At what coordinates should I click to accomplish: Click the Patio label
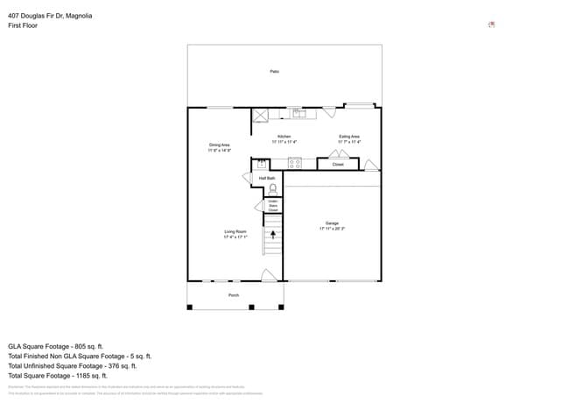click(274, 71)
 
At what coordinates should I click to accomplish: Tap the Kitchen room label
click(284, 137)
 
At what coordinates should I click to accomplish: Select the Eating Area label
click(349, 137)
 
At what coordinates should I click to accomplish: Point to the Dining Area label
click(219, 145)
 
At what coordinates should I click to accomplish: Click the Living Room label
click(235, 231)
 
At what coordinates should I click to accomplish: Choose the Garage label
click(333, 223)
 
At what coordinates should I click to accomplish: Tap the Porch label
click(234, 295)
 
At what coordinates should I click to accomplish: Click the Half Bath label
click(267, 177)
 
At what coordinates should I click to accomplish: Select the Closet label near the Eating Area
click(338, 164)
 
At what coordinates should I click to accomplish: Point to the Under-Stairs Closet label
click(272, 207)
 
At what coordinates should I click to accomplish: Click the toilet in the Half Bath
click(272, 187)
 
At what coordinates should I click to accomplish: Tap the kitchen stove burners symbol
click(295, 162)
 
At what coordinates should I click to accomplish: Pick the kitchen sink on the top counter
click(298, 113)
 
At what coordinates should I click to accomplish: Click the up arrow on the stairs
click(272, 234)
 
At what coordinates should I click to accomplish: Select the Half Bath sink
click(261, 163)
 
